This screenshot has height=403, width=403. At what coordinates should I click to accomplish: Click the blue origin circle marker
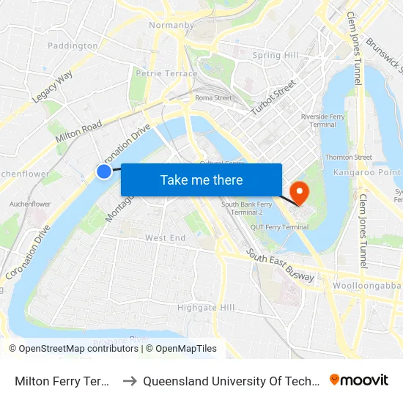(104, 171)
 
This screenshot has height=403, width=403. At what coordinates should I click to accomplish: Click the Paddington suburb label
(73, 45)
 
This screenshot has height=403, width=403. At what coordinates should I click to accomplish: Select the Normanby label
(170, 25)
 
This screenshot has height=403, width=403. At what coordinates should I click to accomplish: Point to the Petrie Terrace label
(166, 73)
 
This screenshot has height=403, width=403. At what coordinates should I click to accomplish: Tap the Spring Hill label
(276, 56)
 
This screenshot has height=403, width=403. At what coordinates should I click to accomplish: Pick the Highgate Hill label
(207, 308)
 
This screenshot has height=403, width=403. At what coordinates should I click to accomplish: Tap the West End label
(165, 238)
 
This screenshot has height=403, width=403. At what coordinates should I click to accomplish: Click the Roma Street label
(212, 97)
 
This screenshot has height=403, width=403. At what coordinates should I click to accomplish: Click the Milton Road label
(78, 133)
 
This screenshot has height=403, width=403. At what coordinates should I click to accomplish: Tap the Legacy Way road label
(52, 87)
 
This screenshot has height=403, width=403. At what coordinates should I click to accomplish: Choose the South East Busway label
(281, 266)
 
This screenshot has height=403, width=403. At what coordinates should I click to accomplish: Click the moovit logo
(359, 380)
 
